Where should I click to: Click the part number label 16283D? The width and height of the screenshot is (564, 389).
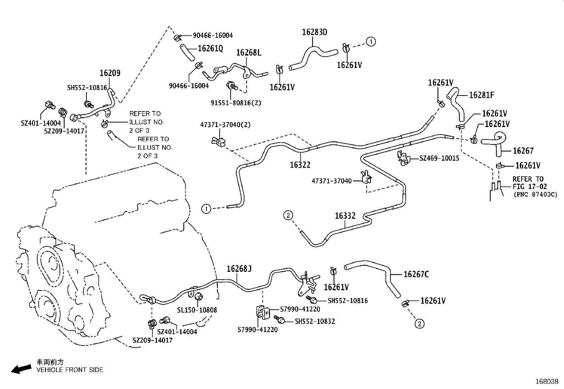pos(314,32)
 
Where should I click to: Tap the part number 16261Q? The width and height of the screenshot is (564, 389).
pos(210,49)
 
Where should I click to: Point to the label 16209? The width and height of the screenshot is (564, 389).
pos(110,73)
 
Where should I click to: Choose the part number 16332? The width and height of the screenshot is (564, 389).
pos(345,216)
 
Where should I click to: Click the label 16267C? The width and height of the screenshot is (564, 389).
pos(416,274)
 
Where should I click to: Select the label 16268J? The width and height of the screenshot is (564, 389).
pos(239,269)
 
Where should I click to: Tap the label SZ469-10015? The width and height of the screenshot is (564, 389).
pos(439,158)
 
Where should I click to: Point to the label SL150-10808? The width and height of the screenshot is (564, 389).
pos(197,310)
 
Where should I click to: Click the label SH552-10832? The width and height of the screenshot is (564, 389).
pos(315,321)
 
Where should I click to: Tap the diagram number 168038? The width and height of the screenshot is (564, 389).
pos(547,382)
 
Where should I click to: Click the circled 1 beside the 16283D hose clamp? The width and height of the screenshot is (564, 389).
pos(371,42)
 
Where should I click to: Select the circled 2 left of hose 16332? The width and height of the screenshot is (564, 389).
pos(288,214)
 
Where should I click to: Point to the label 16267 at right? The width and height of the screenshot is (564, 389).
pos(523,151)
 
